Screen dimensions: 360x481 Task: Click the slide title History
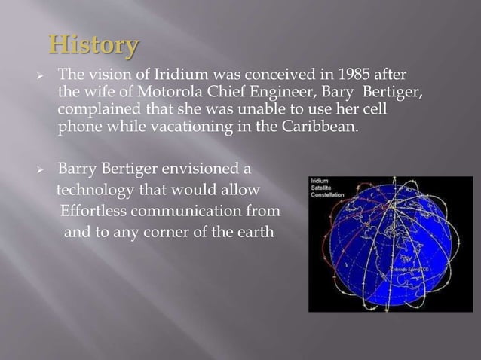[93, 46]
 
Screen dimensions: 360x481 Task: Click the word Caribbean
[316, 127]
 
